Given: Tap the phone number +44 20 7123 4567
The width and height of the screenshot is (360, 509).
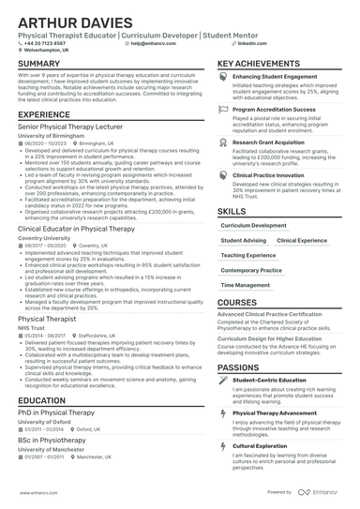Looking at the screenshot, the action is click(x=46, y=43).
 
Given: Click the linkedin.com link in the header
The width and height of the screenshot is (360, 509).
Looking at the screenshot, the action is click(x=246, y=43).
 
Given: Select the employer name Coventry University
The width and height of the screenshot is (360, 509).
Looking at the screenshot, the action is click(x=45, y=238).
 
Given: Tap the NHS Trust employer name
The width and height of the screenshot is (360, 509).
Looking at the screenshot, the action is click(x=32, y=328).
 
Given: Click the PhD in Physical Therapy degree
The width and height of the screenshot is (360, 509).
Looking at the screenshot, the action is click(x=55, y=412).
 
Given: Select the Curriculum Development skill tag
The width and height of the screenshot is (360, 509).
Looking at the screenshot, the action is click(x=254, y=225).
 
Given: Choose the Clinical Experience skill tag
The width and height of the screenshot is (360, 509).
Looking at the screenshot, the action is click(x=302, y=240).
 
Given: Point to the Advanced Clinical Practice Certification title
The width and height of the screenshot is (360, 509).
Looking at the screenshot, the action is click(x=277, y=314).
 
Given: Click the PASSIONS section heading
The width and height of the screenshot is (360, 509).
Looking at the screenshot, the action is click(x=241, y=367).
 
